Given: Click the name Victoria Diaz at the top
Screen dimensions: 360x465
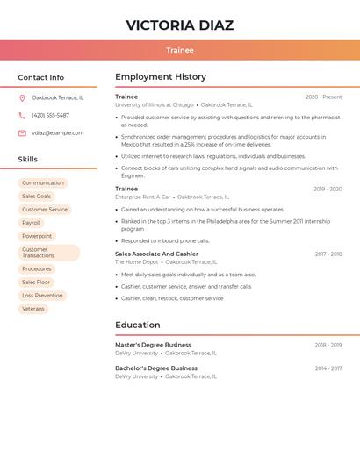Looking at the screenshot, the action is [x=179, y=25].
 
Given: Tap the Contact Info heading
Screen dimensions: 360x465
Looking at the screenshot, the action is [x=40, y=77].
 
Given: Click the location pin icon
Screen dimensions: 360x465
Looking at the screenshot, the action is [x=22, y=97].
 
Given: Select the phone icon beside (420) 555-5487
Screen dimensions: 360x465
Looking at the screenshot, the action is [x=22, y=115].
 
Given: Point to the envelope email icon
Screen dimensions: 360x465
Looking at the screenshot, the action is [x=22, y=133].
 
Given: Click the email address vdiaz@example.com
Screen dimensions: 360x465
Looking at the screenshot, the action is [x=58, y=133].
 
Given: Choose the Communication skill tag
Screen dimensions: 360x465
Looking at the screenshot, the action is [x=43, y=183].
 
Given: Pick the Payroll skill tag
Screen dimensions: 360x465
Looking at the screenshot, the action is [x=31, y=223].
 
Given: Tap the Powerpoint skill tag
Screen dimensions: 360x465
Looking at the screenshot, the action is [x=37, y=236].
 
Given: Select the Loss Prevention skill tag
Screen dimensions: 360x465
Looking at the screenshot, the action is [x=42, y=296].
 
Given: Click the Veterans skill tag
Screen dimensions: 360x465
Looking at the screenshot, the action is [x=33, y=309].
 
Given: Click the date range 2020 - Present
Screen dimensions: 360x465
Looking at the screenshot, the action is [x=323, y=97].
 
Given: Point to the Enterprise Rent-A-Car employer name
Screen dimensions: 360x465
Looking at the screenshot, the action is [x=143, y=197].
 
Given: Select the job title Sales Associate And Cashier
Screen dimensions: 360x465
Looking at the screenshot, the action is [x=156, y=254].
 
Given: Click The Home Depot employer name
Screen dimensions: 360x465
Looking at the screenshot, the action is [x=136, y=261].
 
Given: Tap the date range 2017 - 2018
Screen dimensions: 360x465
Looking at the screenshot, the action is [x=328, y=254].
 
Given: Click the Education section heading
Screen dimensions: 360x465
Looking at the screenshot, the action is [x=137, y=325].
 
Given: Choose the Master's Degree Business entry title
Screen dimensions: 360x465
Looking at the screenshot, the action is [x=153, y=345].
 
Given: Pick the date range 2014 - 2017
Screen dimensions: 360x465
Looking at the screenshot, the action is [x=328, y=368].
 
